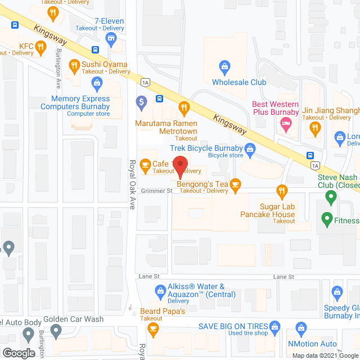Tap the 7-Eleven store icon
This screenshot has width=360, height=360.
point(111,38)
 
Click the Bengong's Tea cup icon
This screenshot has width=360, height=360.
point(235,184)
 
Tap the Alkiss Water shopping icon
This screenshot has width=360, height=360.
point(159,290)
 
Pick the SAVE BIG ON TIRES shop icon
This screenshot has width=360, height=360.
point(274,327)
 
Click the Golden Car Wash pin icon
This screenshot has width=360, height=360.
point(55,334)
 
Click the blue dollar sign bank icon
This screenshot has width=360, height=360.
point(141,103)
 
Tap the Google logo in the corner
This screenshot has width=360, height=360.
point(18,353)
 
